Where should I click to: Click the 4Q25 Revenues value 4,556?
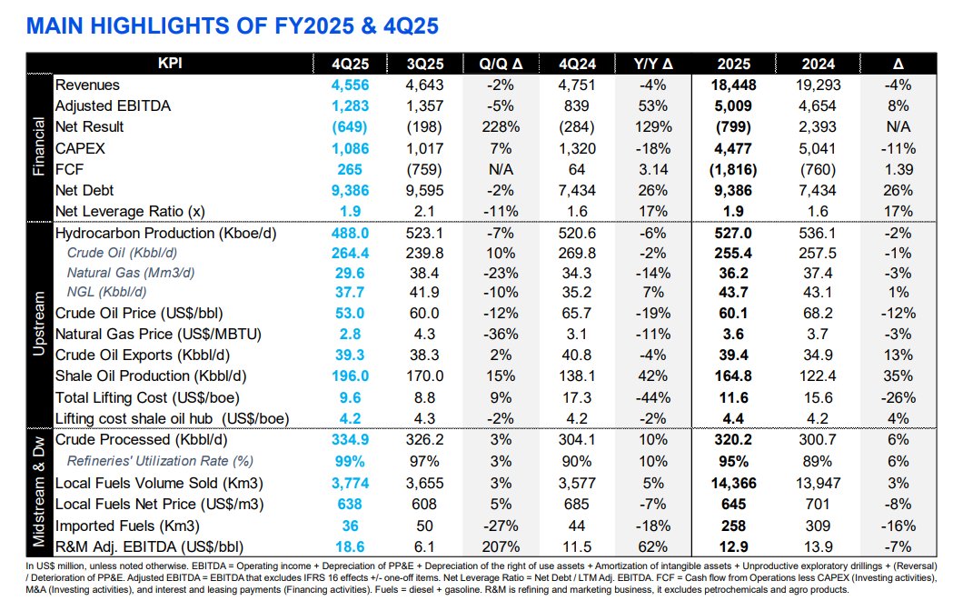(x=350, y=85)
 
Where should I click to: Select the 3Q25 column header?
(x=425, y=64)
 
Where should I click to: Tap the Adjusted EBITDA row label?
(x=113, y=105)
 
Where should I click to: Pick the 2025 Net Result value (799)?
(x=733, y=127)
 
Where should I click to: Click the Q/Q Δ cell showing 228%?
(x=501, y=127)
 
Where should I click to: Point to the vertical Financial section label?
(x=39, y=146)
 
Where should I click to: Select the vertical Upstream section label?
(x=39, y=324)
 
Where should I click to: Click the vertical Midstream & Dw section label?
(x=39, y=491)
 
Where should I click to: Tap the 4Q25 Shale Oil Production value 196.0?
(x=350, y=376)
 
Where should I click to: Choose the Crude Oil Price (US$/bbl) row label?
(x=139, y=314)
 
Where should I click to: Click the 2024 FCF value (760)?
(x=818, y=170)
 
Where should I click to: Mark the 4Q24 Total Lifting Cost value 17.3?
(x=576, y=398)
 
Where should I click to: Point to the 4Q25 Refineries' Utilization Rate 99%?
(x=350, y=461)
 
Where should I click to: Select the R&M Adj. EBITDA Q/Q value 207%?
(x=501, y=546)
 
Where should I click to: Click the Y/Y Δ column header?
(x=653, y=64)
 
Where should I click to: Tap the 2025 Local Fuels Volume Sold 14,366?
(x=733, y=484)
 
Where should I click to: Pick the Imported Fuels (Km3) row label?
(x=127, y=526)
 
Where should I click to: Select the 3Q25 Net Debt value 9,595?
(x=425, y=190)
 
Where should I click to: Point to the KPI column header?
(x=170, y=64)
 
